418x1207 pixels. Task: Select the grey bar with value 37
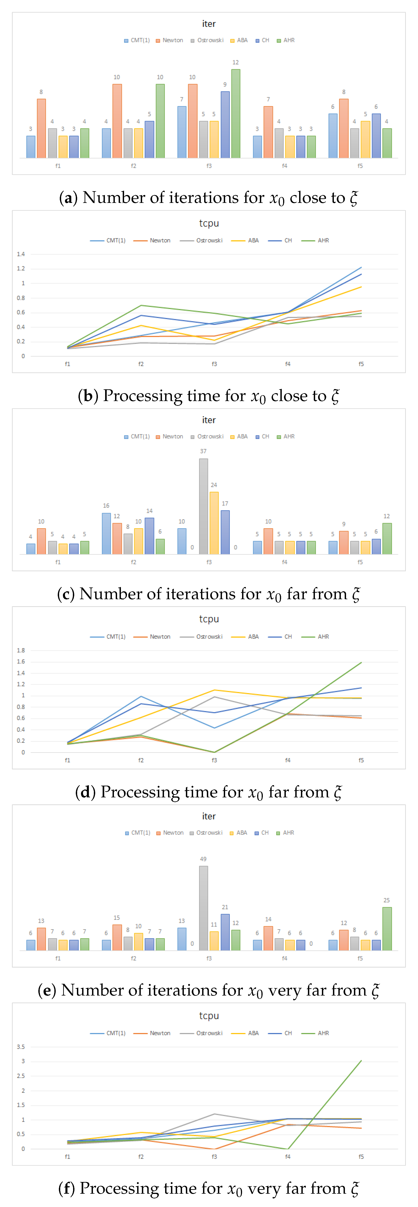[203, 506]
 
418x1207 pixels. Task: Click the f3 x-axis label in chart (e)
[209, 958]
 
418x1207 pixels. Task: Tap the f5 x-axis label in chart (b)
[361, 364]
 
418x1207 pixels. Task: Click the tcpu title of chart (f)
[209, 1015]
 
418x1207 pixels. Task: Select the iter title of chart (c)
[209, 420]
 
